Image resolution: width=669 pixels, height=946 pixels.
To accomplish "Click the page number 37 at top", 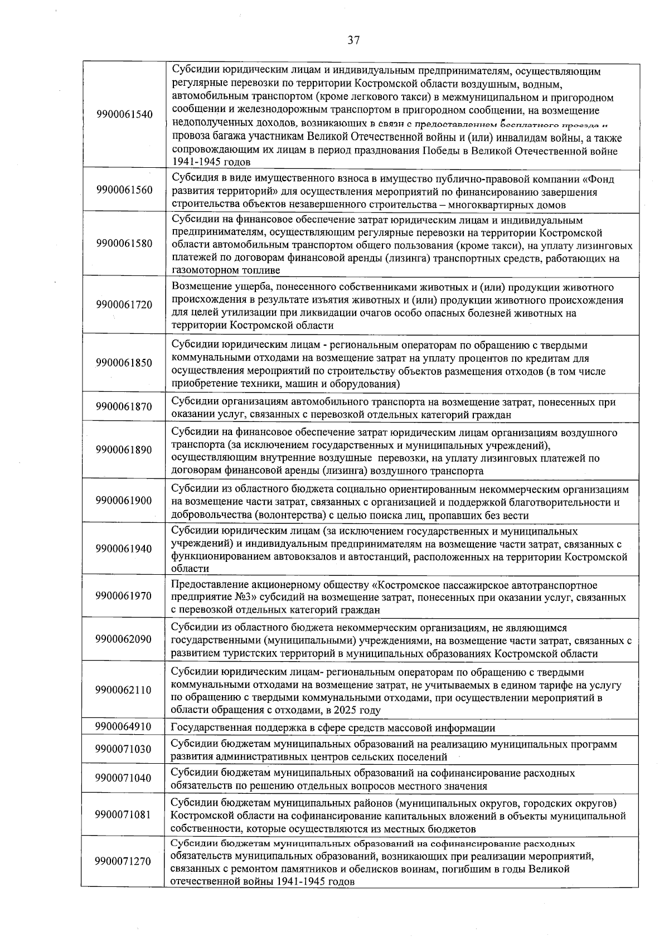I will click(353, 40).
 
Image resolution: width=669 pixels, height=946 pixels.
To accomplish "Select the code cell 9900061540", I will click(124, 114).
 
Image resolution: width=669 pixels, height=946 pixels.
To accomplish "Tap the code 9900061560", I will click(124, 190).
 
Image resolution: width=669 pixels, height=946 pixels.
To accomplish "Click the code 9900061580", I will click(124, 244).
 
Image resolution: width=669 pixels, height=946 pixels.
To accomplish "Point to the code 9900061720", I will click(124, 305).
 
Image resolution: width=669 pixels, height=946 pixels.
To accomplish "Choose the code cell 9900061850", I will click(124, 363).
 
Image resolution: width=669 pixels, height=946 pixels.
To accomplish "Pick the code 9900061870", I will click(124, 407).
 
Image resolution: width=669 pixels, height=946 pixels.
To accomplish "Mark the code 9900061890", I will click(124, 450).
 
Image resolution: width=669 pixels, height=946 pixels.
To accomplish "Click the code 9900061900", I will click(124, 501).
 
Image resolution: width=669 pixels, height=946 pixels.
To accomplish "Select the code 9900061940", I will click(124, 549).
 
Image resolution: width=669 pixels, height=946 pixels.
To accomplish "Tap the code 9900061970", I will click(124, 596).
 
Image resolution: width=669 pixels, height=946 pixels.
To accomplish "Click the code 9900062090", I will click(124, 639).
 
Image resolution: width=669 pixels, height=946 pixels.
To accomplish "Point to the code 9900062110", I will click(124, 690).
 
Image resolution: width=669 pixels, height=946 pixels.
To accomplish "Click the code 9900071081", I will click(124, 814).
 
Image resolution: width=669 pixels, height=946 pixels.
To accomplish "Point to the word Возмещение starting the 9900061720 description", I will click(200, 288).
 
